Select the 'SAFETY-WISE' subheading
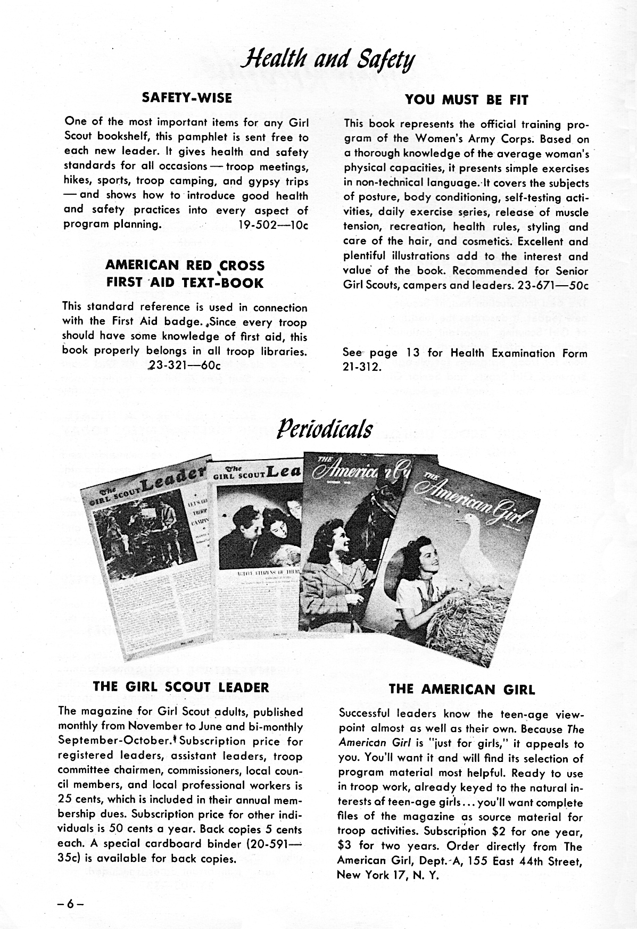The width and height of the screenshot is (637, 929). coord(186,98)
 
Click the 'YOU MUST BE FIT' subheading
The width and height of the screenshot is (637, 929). coord(466,99)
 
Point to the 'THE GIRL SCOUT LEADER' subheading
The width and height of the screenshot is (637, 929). coord(181,687)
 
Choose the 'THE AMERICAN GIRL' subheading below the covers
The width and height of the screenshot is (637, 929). coord(461,690)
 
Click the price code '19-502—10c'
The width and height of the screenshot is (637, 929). coord(274,225)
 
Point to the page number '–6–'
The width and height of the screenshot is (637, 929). coord(72,903)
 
